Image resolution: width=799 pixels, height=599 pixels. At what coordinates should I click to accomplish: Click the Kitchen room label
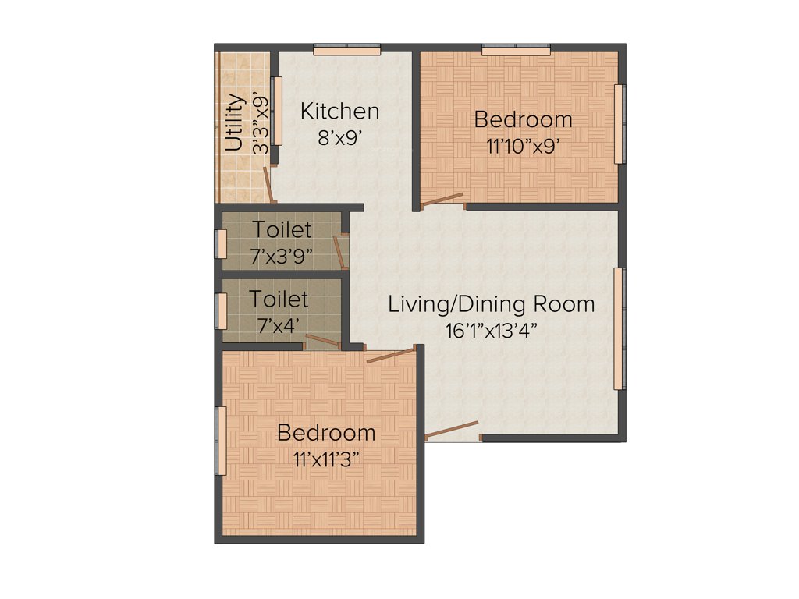pos(340,111)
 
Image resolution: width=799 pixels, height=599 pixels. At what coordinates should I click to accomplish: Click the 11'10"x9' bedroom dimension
pos(523,146)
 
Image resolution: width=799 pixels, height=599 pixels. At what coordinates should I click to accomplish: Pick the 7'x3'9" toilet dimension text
pos(282,255)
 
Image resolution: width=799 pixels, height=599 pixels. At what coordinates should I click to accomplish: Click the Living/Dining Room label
pos(492,304)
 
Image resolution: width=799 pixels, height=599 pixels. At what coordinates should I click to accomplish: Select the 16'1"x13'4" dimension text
pos(492,330)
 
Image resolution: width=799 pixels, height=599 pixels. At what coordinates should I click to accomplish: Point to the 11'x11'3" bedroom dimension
pos(326,459)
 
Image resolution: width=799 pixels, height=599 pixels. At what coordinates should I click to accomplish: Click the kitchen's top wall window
pos(347,51)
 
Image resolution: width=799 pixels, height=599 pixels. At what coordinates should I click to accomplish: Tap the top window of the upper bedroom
pos(516,51)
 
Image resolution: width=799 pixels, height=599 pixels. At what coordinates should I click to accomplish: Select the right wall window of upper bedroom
pos(619,124)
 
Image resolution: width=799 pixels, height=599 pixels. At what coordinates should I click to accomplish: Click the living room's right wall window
pos(619,328)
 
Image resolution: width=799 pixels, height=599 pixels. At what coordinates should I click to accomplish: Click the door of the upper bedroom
pos(442,200)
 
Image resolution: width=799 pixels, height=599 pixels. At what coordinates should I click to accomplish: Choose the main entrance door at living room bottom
pos(452,430)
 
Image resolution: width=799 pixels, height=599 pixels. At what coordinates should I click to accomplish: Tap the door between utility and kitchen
pos(268,184)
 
